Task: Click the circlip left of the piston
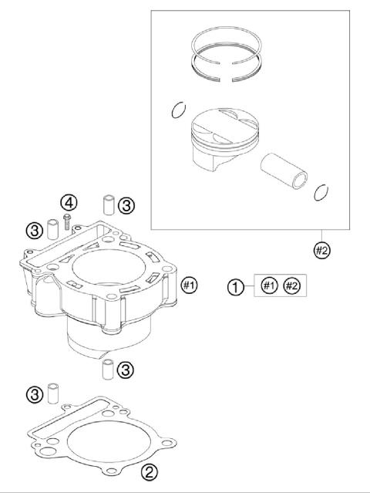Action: coord(178,112)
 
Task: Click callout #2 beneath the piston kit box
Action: coord(322,249)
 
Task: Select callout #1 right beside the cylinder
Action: coord(189,285)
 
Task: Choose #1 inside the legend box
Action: coord(268,286)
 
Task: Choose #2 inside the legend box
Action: coord(291,286)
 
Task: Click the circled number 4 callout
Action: coord(70,203)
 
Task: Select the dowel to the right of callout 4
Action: coord(109,206)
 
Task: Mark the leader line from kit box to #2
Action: coord(322,235)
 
